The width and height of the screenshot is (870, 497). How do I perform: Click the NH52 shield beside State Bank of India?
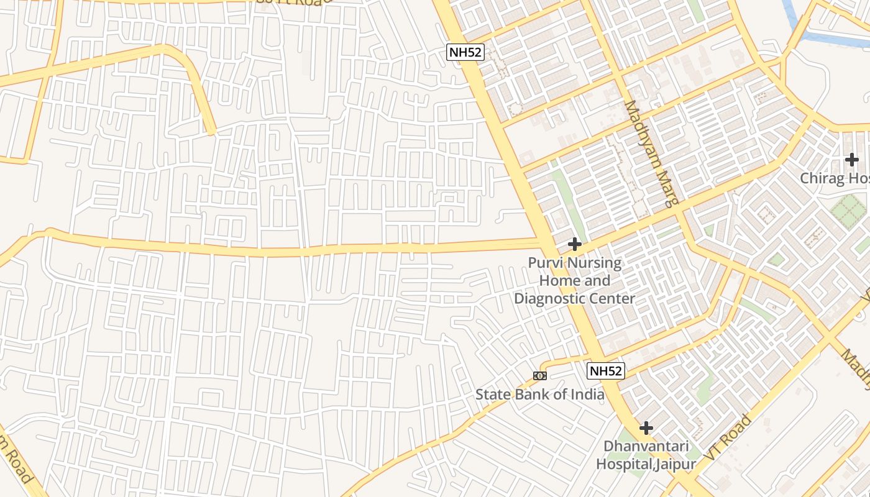tap(605, 371)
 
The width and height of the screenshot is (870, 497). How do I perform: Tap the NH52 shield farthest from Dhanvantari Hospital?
tap(465, 52)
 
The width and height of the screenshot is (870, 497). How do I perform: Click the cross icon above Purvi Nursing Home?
tap(575, 244)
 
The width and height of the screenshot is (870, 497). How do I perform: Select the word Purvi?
tap(545, 263)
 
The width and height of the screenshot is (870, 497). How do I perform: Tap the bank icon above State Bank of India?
tap(539, 376)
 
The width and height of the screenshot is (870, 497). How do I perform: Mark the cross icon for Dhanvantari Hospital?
tap(646, 428)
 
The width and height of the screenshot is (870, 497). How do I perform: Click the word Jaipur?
tap(675, 463)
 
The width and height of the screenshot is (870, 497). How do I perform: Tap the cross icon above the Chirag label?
tap(851, 160)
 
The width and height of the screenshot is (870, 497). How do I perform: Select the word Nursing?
tap(593, 263)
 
